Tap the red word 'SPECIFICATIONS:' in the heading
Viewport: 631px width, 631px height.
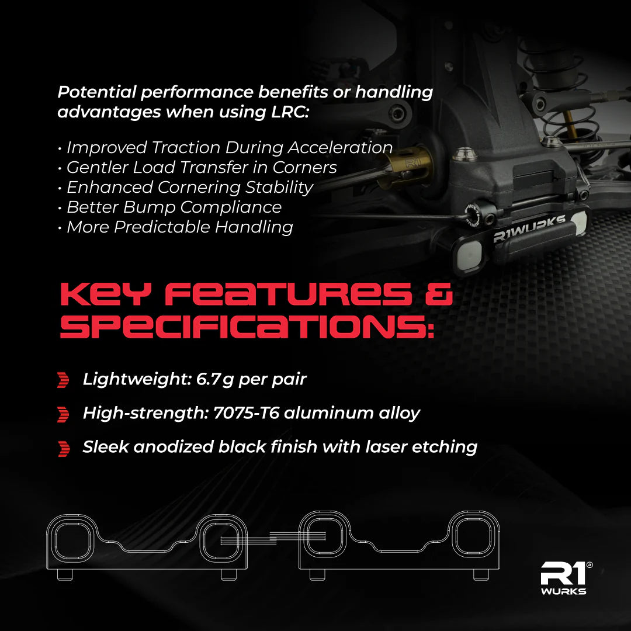(247, 326)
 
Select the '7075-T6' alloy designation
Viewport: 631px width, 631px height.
(246, 413)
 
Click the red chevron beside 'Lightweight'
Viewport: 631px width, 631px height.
(63, 380)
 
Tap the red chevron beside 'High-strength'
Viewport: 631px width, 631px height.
(63, 414)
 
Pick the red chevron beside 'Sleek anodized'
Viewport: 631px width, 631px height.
(64, 449)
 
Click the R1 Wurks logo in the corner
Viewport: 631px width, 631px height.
(564, 578)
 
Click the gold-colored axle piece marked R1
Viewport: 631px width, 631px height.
(408, 168)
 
